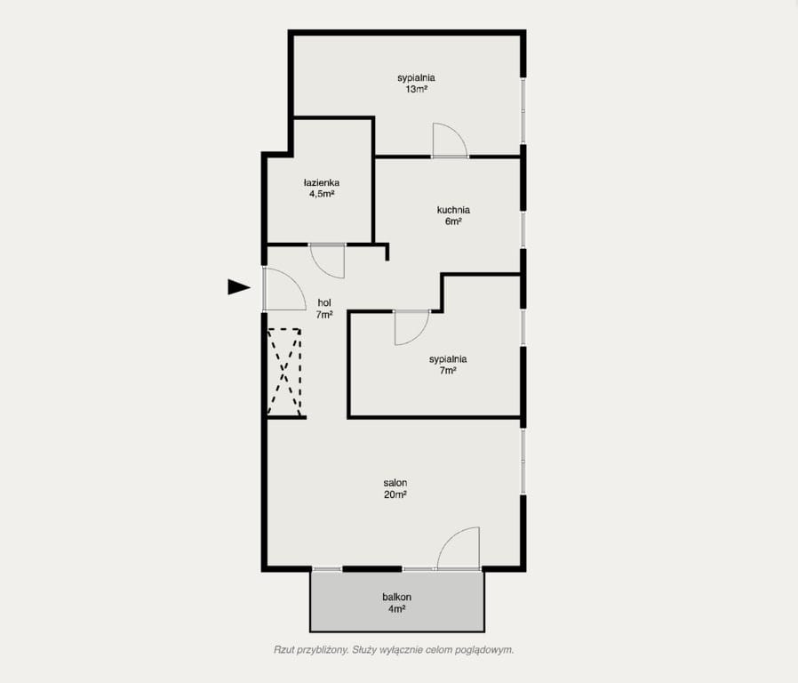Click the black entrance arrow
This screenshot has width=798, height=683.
238,287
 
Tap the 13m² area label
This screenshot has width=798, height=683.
416,90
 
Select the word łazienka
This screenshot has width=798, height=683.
322,182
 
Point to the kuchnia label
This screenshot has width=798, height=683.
453,210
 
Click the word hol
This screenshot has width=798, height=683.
324,303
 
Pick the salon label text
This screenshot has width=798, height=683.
395,483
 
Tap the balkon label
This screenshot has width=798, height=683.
397,597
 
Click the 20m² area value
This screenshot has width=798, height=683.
395,494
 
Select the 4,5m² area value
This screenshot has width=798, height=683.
322,194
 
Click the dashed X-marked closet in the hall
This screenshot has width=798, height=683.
284,373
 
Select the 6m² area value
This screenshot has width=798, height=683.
453,221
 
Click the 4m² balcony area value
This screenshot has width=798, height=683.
397,608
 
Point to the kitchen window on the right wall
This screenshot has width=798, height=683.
523,229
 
